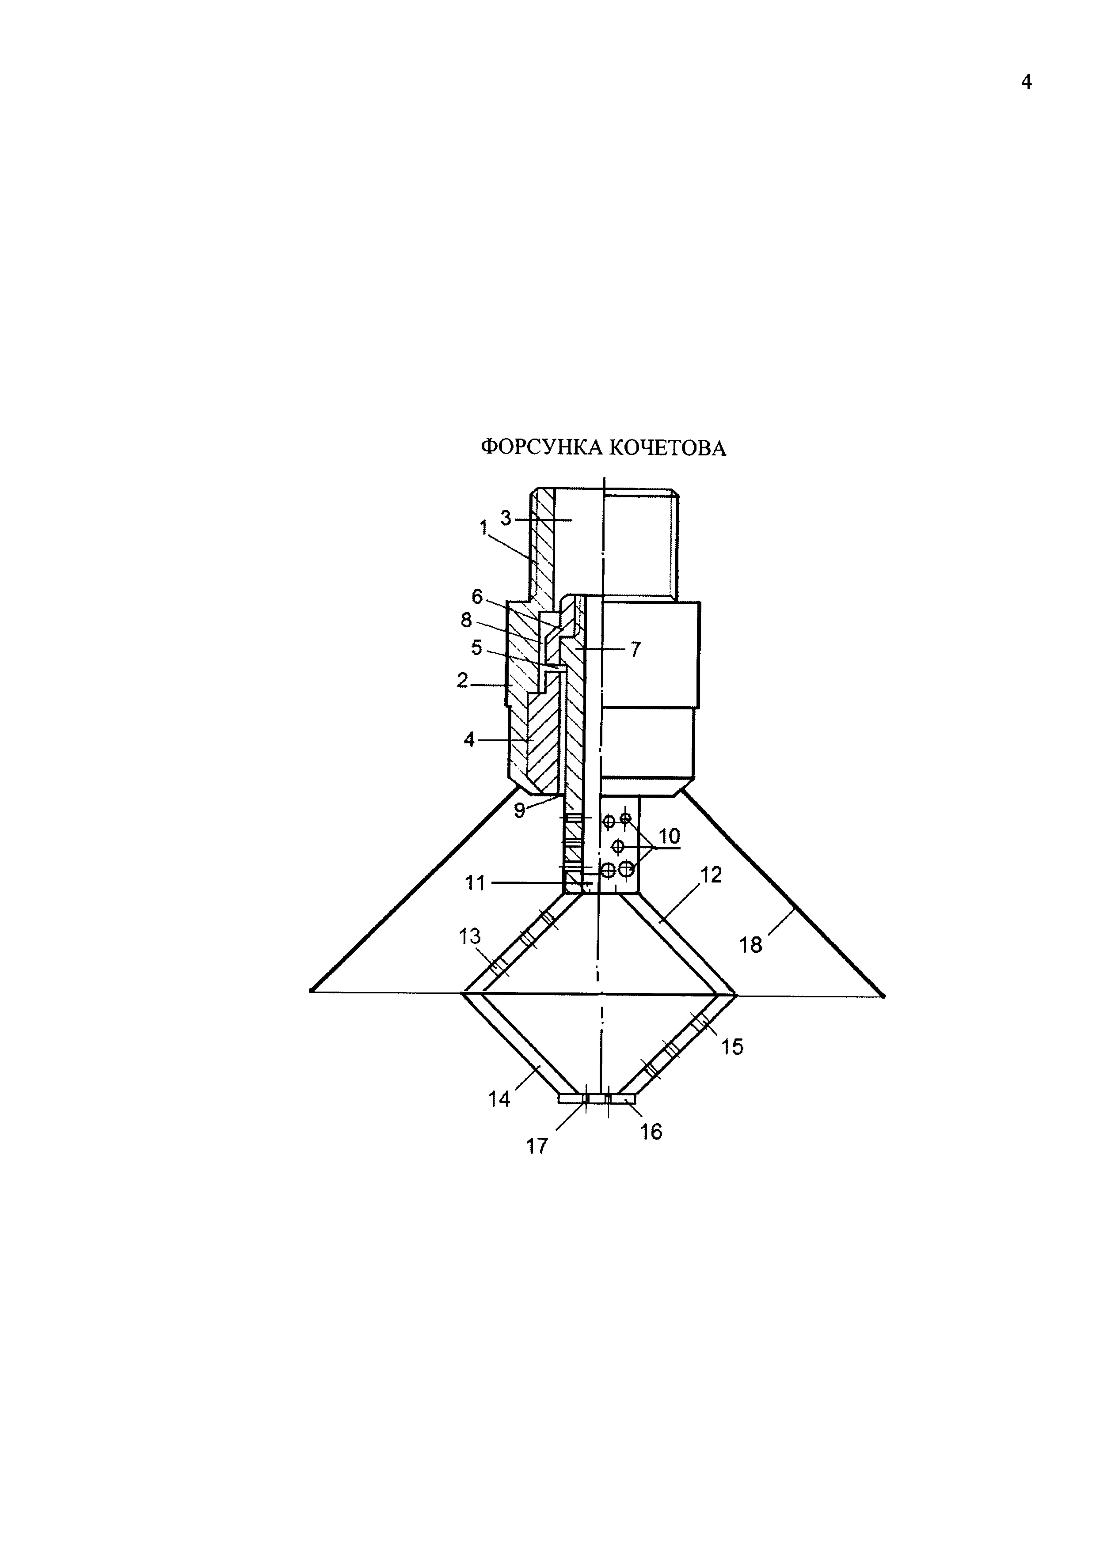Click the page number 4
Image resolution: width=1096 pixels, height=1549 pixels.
pyautogui.click(x=1027, y=82)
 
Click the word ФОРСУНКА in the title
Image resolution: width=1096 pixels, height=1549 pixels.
pyautogui.click(x=543, y=447)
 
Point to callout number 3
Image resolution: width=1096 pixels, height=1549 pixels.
pyautogui.click(x=506, y=518)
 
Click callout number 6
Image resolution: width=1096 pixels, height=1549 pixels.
pyautogui.click(x=477, y=596)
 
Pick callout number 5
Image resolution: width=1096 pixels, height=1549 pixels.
pyautogui.click(x=476, y=648)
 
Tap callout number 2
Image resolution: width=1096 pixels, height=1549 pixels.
pyautogui.click(x=462, y=681)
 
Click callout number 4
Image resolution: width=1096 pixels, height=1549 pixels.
pyautogui.click(x=469, y=740)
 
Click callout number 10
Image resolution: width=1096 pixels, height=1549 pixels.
pyautogui.click(x=669, y=837)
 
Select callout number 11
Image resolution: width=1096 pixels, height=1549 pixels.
pyautogui.click(x=475, y=883)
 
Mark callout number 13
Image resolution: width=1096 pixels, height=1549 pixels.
pyautogui.click(x=470, y=936)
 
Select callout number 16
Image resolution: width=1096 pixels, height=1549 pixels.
pyautogui.click(x=651, y=1132)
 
